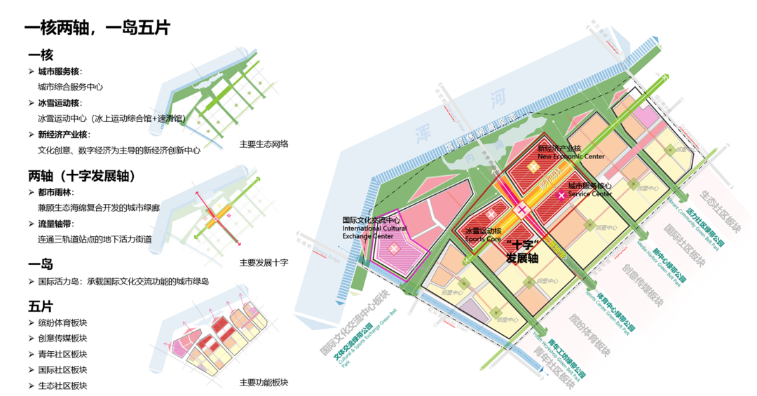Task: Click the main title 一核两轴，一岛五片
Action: [x=97, y=29]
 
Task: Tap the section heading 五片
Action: [x=41, y=306]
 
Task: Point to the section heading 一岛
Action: [x=41, y=264]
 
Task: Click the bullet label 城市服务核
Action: [x=60, y=71]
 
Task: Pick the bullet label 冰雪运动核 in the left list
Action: [x=60, y=103]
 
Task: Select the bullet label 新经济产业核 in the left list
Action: [x=64, y=135]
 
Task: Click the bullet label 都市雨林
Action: [x=55, y=192]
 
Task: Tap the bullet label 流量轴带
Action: [x=55, y=224]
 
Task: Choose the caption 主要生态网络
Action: [x=264, y=144]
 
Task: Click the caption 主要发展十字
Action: [x=264, y=263]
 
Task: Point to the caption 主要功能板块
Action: [x=264, y=382]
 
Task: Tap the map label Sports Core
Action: [x=483, y=239]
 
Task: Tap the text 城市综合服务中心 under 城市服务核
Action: [x=70, y=87]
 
